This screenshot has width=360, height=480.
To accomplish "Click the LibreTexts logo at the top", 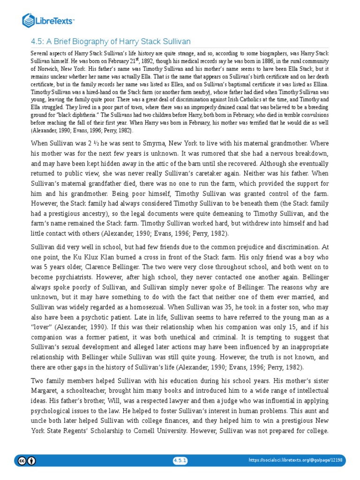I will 49,21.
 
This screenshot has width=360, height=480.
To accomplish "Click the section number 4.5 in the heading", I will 38,42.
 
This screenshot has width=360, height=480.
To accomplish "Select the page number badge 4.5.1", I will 180,461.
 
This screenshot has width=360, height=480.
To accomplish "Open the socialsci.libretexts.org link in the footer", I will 295,461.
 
